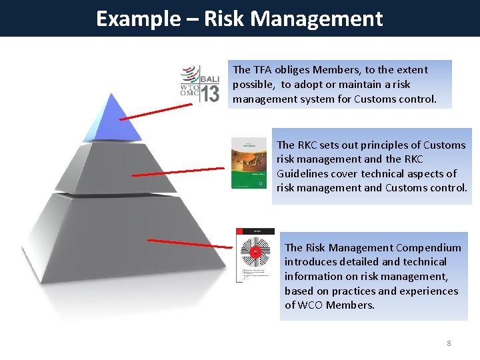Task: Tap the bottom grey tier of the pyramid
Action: [100, 247]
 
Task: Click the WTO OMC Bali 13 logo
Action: [200, 83]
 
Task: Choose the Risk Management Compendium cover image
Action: [255, 255]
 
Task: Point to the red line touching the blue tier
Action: [153, 111]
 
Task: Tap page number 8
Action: [449, 343]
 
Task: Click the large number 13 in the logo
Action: [209, 94]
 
